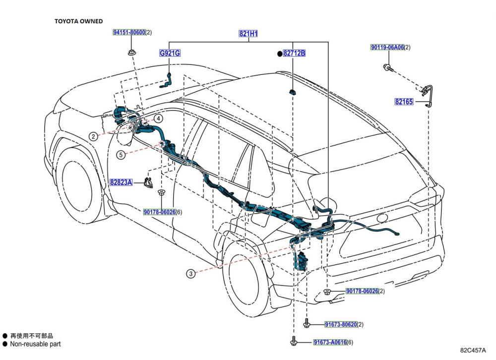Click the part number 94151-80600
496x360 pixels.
pos(129,33)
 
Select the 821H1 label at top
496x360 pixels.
pos(248,34)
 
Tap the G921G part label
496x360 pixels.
pos(169,53)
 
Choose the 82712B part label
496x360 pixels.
pos(294,53)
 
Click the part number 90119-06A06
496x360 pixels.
pos(387,48)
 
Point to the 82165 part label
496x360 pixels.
pos(404,102)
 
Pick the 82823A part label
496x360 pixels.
pos(121,182)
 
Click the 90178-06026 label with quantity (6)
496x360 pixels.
pos(160,212)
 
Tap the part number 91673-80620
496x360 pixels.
pos(341,324)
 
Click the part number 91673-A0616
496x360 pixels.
pos(329,343)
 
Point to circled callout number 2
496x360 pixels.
pos(93,136)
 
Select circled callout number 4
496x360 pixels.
pos(157,119)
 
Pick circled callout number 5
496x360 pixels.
pos(121,155)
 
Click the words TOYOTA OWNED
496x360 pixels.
pos(78,21)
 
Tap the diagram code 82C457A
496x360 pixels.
pos(473,350)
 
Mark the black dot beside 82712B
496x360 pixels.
pos(279,53)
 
